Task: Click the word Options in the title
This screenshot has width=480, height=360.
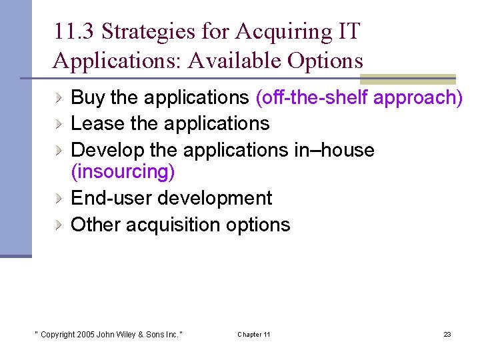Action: tap(326, 61)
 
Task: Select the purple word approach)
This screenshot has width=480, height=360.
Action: tap(418, 98)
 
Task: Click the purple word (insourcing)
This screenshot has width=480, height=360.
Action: tap(123, 171)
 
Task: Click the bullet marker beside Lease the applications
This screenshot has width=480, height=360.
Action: tap(60, 123)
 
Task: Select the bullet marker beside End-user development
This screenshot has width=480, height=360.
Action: tap(60, 198)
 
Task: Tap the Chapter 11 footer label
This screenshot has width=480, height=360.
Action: tap(253, 334)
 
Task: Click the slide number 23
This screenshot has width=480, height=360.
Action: tap(447, 334)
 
